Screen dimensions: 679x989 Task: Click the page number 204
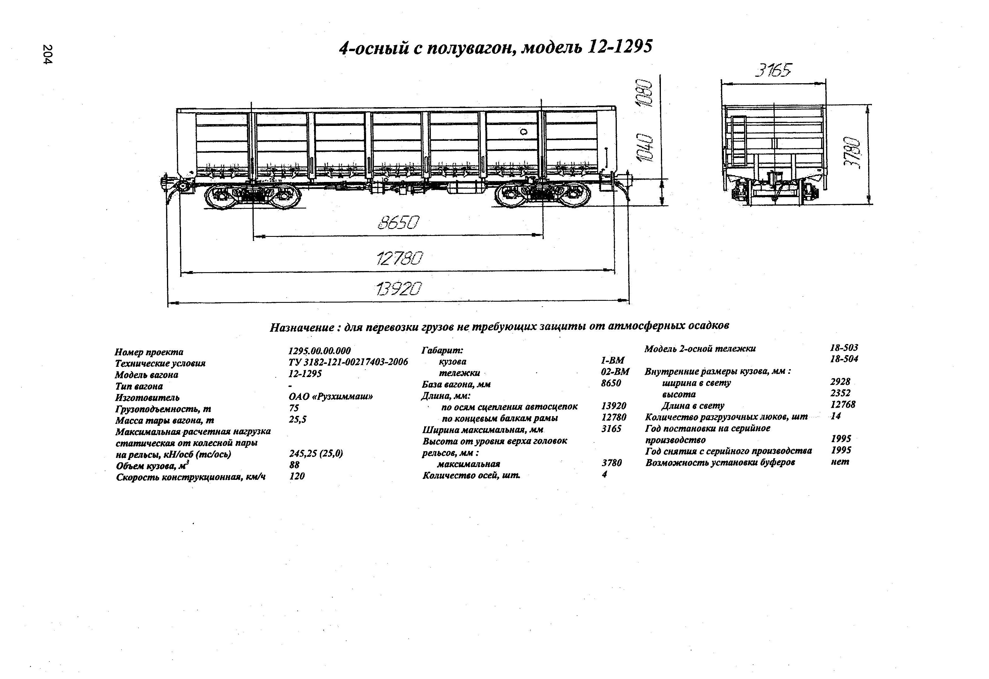[47, 55]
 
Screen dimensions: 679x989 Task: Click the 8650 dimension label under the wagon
[398, 222]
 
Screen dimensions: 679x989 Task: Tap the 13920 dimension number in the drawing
[399, 289]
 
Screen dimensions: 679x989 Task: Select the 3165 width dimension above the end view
[773, 70]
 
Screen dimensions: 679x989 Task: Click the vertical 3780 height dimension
[852, 154]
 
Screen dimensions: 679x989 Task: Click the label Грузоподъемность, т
[163, 409]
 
